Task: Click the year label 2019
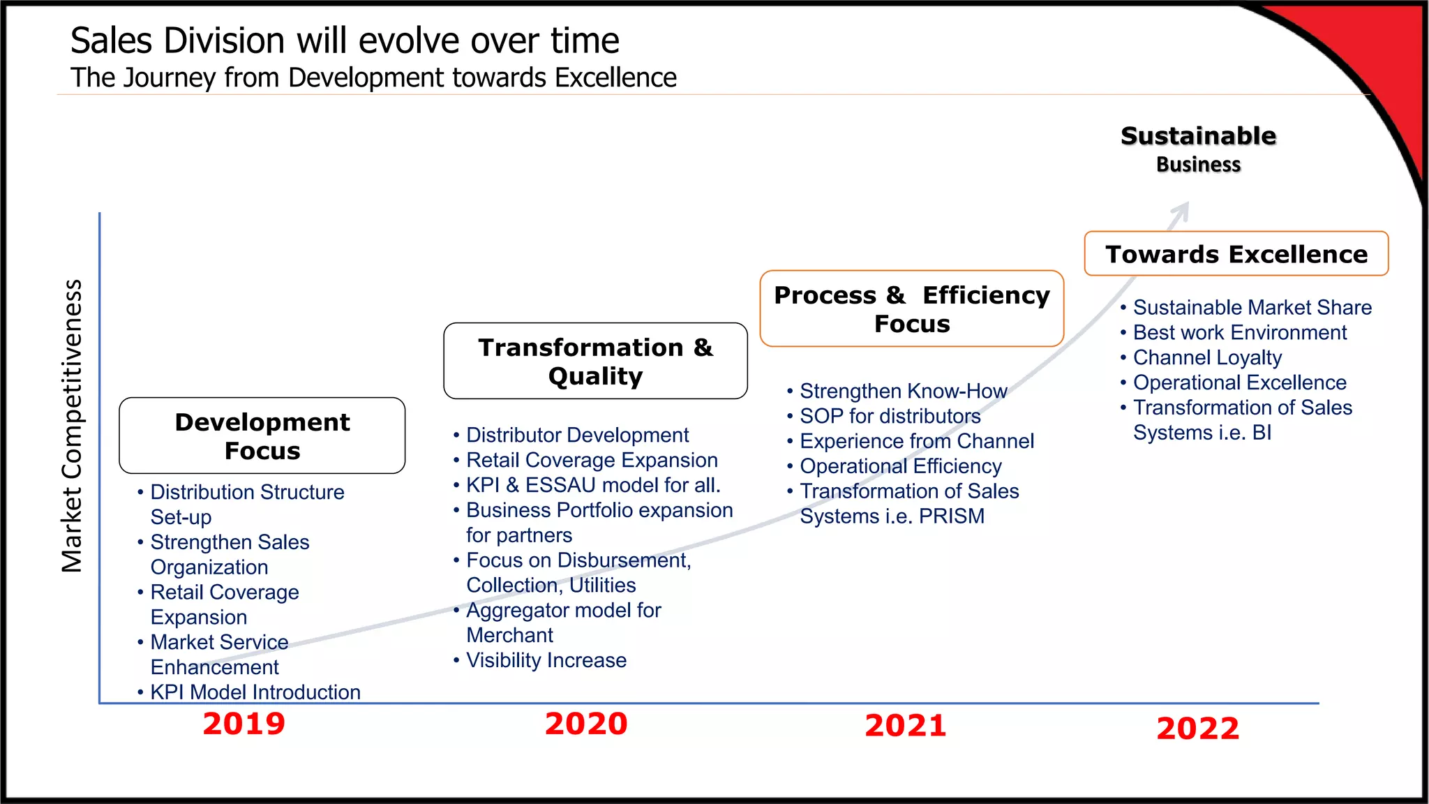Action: point(244,724)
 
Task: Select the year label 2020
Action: point(586,724)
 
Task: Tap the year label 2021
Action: point(906,726)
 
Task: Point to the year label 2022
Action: point(1198,729)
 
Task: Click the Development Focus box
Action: point(262,436)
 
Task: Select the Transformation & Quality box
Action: point(595,361)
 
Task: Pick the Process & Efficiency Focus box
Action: point(912,308)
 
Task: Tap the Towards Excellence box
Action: point(1236,254)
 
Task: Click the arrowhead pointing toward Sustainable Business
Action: point(1182,210)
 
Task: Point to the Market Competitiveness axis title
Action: point(72,426)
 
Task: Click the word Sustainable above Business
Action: point(1198,135)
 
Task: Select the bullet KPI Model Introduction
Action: point(255,692)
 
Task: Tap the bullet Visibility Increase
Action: point(546,660)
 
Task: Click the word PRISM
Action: point(951,516)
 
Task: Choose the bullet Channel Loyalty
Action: point(1207,358)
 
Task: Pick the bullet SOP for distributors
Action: point(890,417)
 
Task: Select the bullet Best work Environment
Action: point(1239,333)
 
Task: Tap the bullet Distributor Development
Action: point(577,435)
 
